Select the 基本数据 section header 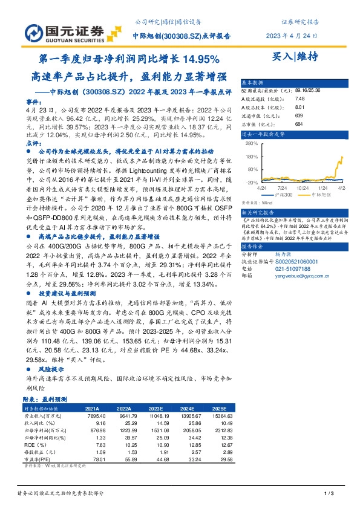pyautogui.click(x=253, y=82)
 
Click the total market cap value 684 pyautogui.click(x=298, y=125)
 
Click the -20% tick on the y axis pyautogui.click(x=252, y=181)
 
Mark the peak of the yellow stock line pyautogui.click(x=342, y=157)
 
